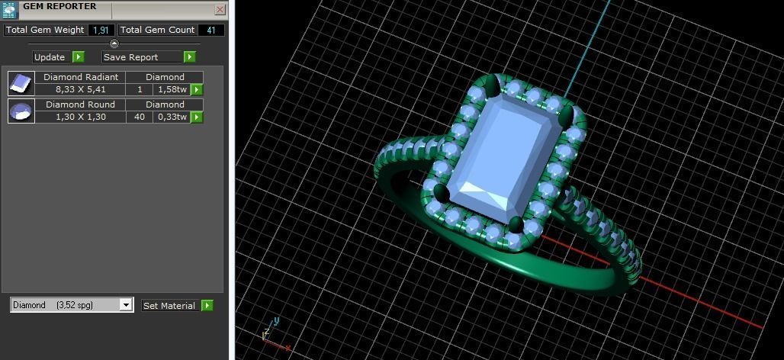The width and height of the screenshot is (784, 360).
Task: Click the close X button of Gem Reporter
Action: coord(220,10)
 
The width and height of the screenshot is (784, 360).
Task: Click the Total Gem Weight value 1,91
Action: coord(101,31)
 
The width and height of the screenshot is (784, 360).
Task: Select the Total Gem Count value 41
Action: coord(210,31)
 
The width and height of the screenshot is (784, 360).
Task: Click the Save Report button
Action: coord(142,57)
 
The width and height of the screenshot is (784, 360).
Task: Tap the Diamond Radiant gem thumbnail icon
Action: coord(21,83)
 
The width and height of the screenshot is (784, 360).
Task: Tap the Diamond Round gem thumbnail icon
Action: coord(21,111)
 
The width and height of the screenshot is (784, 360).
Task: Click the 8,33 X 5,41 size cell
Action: coord(80,89)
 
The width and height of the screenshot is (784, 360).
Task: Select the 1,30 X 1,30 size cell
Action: coord(80,117)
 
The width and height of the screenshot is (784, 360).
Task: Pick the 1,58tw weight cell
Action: coord(172,89)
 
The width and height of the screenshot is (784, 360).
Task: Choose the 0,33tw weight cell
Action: coord(172,117)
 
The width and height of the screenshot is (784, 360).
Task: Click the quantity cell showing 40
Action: coord(140,117)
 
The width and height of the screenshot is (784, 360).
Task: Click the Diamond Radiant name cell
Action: coord(80,77)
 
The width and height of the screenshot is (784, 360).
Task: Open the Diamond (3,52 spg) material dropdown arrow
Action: coord(126,305)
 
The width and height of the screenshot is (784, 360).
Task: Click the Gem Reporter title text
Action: coord(59,7)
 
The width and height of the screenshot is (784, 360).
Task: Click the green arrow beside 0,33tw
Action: coord(197,117)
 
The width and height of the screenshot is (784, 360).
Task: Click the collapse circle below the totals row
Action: coord(114,43)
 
